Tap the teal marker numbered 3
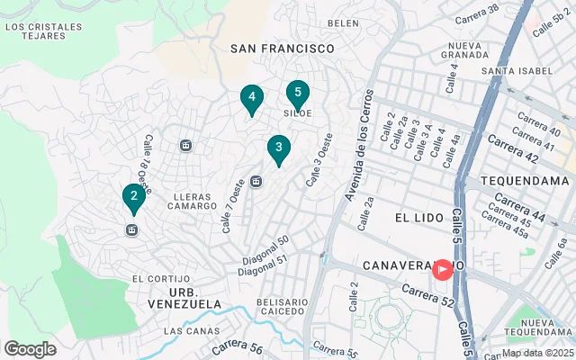coord(279,148)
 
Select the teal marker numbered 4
coord(252,98)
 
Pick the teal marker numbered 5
coord(298,93)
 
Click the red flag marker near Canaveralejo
coord(443,268)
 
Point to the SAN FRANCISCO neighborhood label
coord(282,49)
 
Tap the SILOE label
coord(298,113)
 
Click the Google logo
coord(30,348)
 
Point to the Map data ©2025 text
coord(537,353)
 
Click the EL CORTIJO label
coord(160,279)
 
